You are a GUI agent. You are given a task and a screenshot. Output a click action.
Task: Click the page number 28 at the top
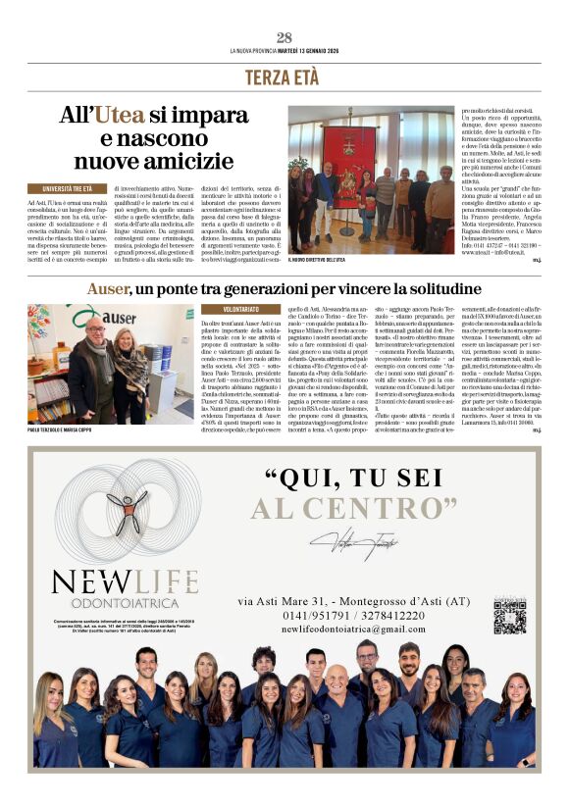(284, 38)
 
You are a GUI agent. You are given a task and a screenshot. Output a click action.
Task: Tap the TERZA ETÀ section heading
(284, 77)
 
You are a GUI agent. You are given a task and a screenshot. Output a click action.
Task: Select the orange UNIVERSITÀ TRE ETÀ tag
(68, 188)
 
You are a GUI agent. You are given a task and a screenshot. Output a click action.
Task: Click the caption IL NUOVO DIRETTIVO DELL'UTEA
(317, 260)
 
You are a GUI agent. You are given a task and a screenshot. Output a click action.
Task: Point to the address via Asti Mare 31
(275, 599)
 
